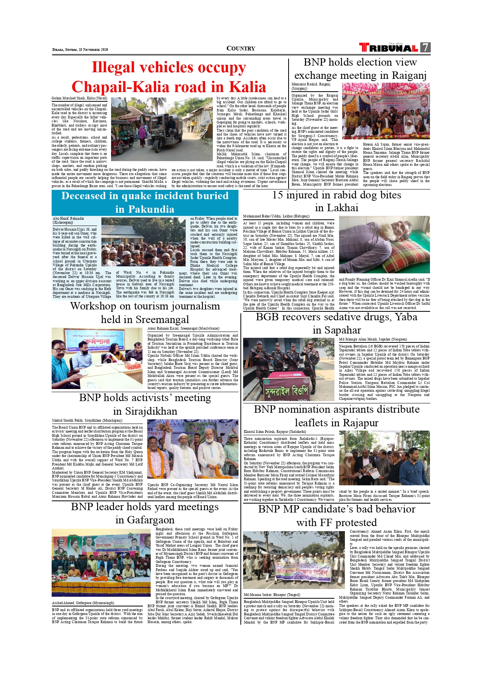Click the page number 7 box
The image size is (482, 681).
(x=426, y=47)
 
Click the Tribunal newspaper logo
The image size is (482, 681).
(x=388, y=48)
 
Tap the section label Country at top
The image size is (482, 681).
(x=241, y=49)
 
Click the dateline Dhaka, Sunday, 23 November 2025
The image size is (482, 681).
(x=80, y=50)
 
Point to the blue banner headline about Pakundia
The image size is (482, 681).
(x=145, y=202)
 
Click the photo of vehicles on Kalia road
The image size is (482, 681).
(x=162, y=129)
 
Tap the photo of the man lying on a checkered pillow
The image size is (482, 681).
(x=384, y=245)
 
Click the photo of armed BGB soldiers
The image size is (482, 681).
(x=288, y=369)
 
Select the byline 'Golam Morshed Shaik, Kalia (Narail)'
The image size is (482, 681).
(x=79, y=99)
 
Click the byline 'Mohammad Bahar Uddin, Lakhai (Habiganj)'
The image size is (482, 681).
(x=276, y=216)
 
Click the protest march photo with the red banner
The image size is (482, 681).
(x=293, y=560)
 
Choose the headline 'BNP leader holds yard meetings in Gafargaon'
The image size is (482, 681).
(x=145, y=513)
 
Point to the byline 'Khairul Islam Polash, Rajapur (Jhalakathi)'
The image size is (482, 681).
(x=275, y=431)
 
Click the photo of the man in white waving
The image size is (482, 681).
(x=193, y=449)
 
